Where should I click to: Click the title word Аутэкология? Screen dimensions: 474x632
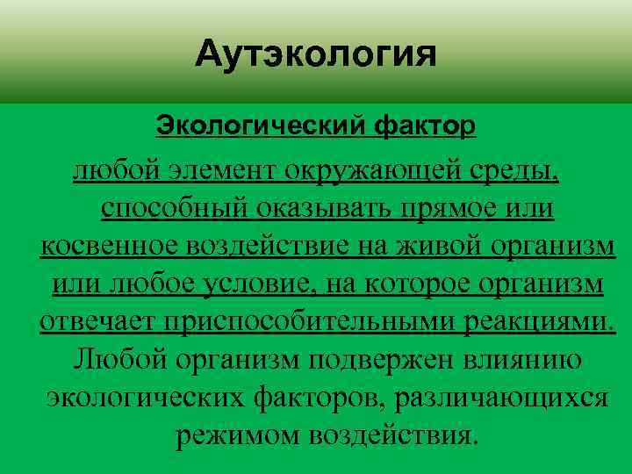[x=316, y=57]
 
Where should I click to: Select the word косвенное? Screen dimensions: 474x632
[x=108, y=247]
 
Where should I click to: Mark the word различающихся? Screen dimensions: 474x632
[x=501, y=398]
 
